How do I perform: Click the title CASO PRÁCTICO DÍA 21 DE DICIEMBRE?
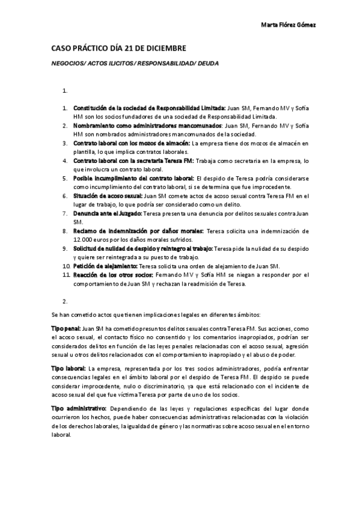[118, 48]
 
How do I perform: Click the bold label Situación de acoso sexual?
[108, 195]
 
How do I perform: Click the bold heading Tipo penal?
[66, 329]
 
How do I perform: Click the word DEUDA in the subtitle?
[206, 63]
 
